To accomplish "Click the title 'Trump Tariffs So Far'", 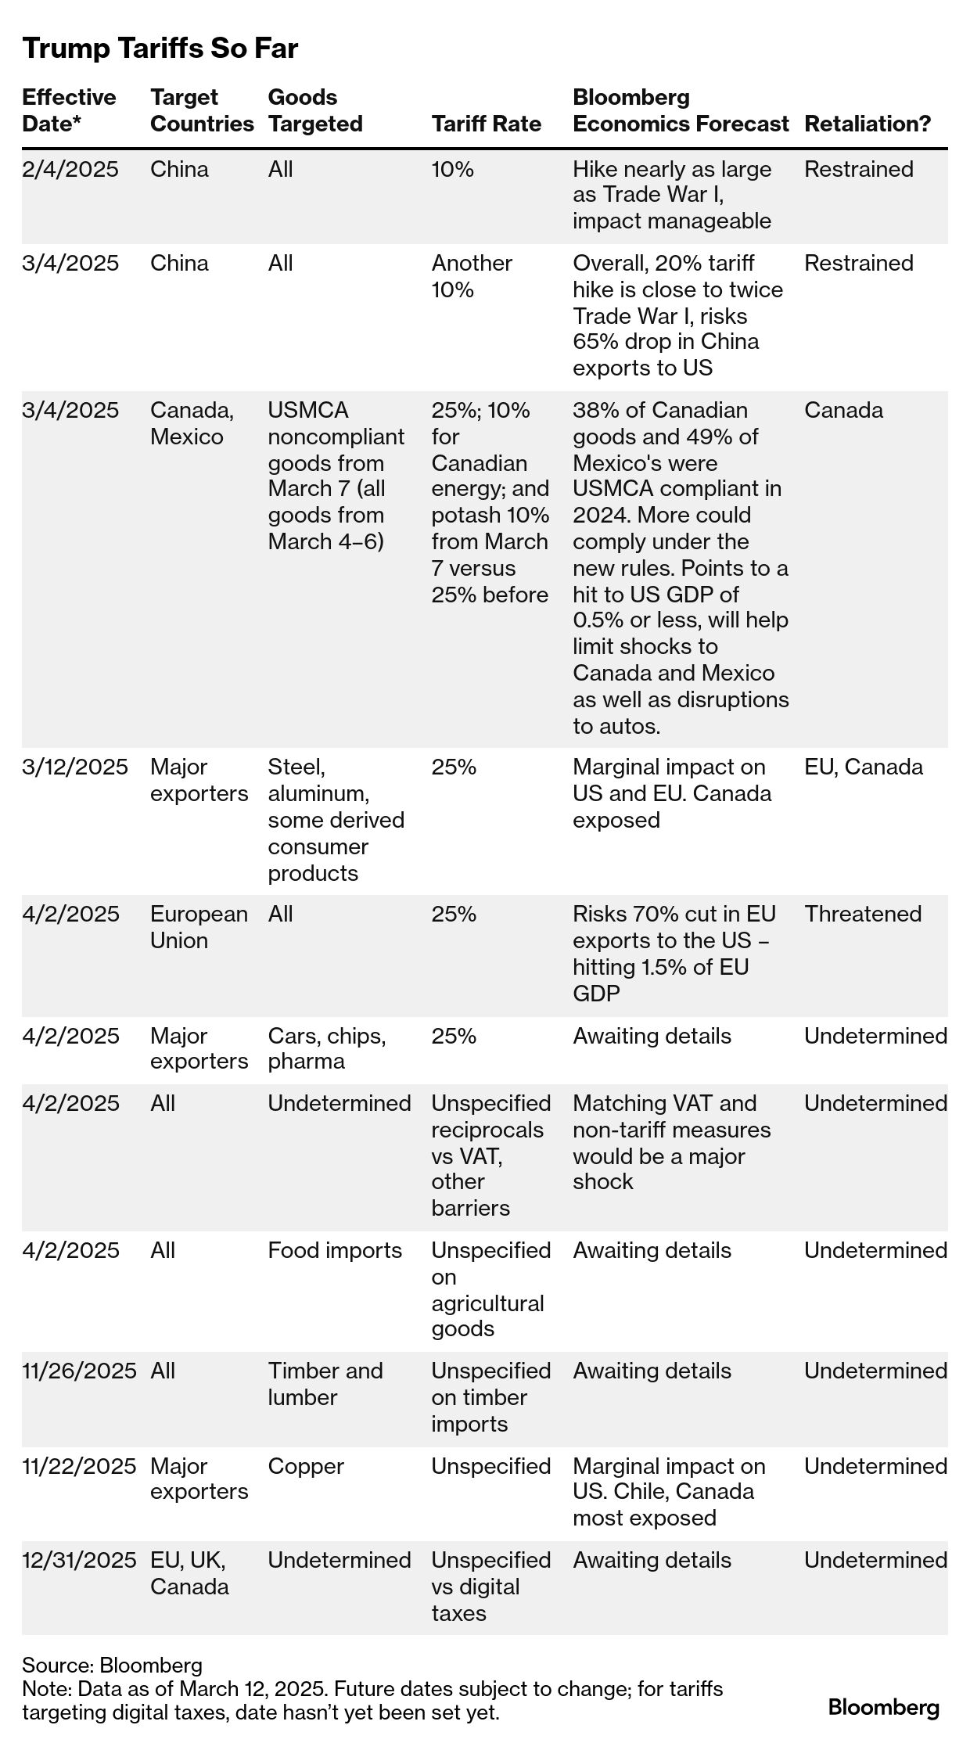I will pos(160,49).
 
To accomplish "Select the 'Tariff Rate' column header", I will pos(486,124).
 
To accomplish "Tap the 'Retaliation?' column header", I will pos(868,124).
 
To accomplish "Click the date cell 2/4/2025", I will pos(70,169).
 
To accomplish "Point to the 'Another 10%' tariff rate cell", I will pos(472,276).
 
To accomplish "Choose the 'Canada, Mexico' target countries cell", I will pos(192,423).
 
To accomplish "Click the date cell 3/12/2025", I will pos(75,767).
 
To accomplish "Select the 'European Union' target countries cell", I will pos(199,927).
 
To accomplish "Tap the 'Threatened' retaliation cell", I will pos(863,914).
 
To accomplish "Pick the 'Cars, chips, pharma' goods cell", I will pos(326,1048).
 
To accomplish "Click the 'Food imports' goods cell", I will pos(335,1250).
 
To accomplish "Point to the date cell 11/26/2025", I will pos(79,1371).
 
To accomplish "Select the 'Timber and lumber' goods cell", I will pos(325,1384).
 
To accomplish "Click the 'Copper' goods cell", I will pos(306,1466).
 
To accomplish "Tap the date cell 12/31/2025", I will pos(79,1560).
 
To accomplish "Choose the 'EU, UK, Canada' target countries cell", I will pos(189,1573).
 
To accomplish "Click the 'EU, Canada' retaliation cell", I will pos(863,767).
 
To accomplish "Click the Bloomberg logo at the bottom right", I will pos(883,1707).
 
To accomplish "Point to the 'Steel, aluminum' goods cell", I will pos(336,820).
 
